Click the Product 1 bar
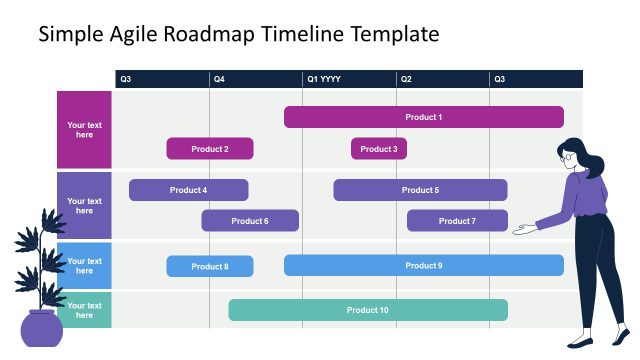coord(423,117)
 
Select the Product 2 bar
coord(210,149)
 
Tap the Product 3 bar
coord(378,149)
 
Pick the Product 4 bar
coord(188,190)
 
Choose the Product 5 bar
coord(420,190)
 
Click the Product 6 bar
coord(250,221)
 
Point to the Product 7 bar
coord(457,221)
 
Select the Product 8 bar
coord(210,266)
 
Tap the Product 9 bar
coord(423,265)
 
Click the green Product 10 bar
coord(368,310)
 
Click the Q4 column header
coord(219,79)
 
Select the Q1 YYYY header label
coord(324,79)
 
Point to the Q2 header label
coord(406,79)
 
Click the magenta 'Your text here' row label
coord(84,130)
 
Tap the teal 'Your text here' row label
coord(84,311)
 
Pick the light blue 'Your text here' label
coord(84,266)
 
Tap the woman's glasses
coord(569,156)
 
